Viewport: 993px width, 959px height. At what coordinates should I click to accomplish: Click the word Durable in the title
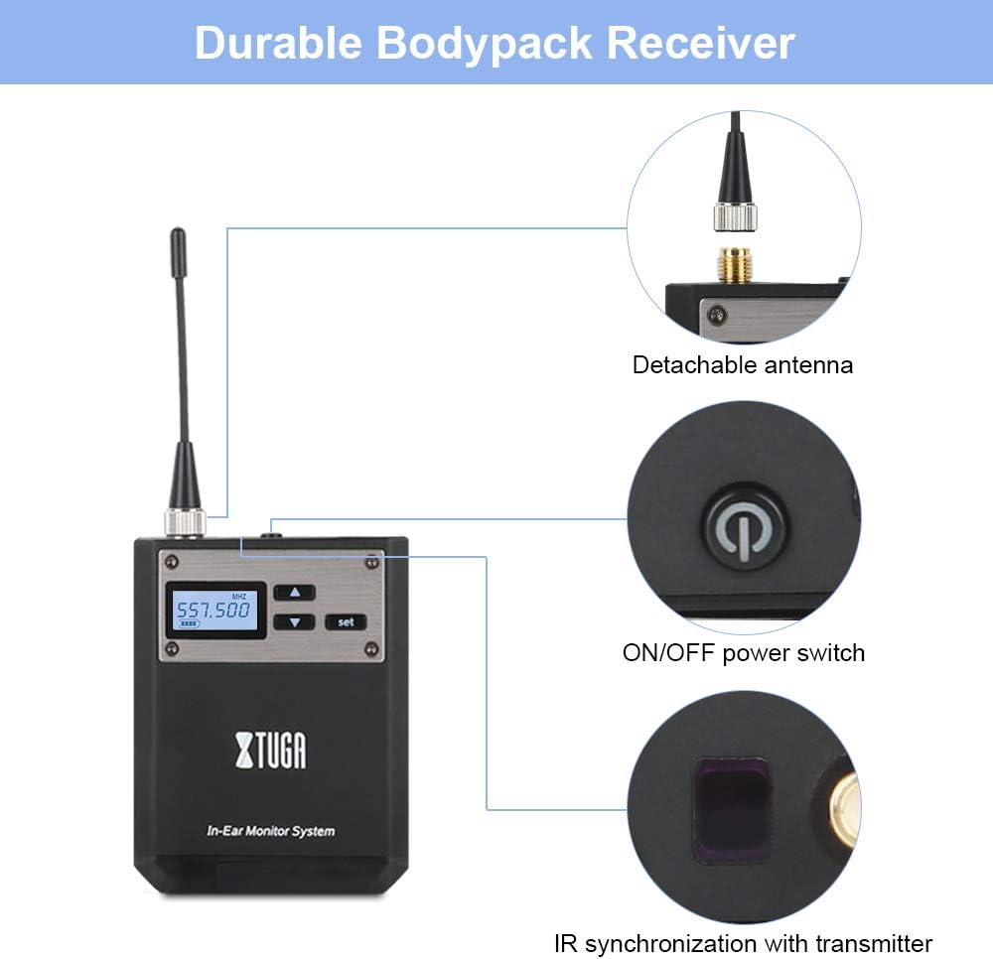[x=281, y=44]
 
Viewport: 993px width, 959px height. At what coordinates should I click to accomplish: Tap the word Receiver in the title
[x=701, y=44]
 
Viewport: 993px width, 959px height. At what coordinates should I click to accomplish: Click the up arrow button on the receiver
[x=294, y=592]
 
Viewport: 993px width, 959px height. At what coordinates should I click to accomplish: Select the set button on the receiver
[x=346, y=622]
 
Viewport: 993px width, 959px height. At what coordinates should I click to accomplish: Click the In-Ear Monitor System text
[x=271, y=831]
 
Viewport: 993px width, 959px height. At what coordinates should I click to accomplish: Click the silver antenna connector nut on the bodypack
[x=186, y=521]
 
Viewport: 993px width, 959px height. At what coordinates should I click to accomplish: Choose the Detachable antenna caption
[x=743, y=364]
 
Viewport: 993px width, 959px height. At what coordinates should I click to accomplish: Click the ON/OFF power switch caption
[x=743, y=652]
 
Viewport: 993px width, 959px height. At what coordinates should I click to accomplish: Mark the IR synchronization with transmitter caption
[x=743, y=942]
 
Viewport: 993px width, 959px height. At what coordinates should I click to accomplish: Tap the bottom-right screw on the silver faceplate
[x=371, y=649]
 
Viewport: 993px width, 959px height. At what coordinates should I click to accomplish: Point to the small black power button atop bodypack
[x=271, y=534]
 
